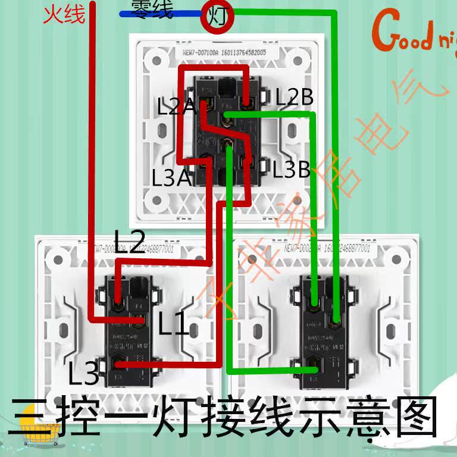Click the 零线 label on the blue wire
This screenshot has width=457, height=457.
click(x=154, y=10)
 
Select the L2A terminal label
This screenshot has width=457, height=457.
click(x=176, y=107)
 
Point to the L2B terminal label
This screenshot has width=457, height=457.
click(x=294, y=98)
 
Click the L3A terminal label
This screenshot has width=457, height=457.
click(x=171, y=177)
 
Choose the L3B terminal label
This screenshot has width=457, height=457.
click(x=292, y=170)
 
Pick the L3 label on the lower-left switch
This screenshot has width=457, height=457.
click(x=83, y=374)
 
